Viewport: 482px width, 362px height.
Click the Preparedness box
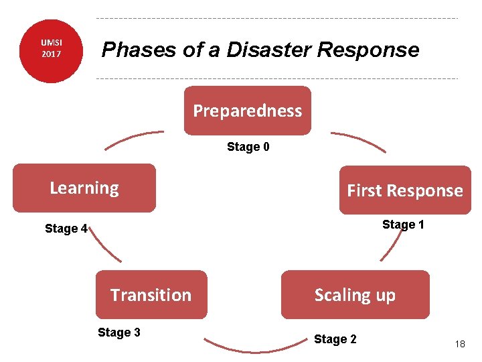(x=248, y=111)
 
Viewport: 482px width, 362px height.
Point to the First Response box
(x=405, y=190)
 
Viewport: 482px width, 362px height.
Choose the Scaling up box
(x=355, y=295)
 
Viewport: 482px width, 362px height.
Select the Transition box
(x=151, y=295)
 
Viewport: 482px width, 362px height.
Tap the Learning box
(x=84, y=188)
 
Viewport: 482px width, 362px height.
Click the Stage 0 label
(x=248, y=147)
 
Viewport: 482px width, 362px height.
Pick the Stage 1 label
(x=403, y=225)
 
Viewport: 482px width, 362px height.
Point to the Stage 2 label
(x=335, y=339)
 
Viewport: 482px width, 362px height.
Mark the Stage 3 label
(x=119, y=333)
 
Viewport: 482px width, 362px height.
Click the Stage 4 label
(x=66, y=229)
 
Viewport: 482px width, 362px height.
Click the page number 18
(x=460, y=344)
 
